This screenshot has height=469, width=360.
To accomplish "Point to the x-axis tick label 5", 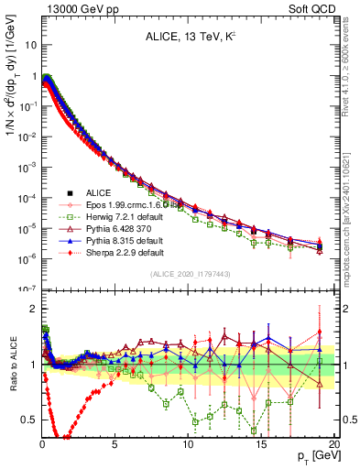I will [x=115, y=443].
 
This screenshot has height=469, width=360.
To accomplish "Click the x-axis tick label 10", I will [x=188, y=443].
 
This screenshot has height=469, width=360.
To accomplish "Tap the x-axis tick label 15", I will [x=261, y=443].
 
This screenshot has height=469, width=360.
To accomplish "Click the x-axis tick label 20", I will [x=333, y=443].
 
